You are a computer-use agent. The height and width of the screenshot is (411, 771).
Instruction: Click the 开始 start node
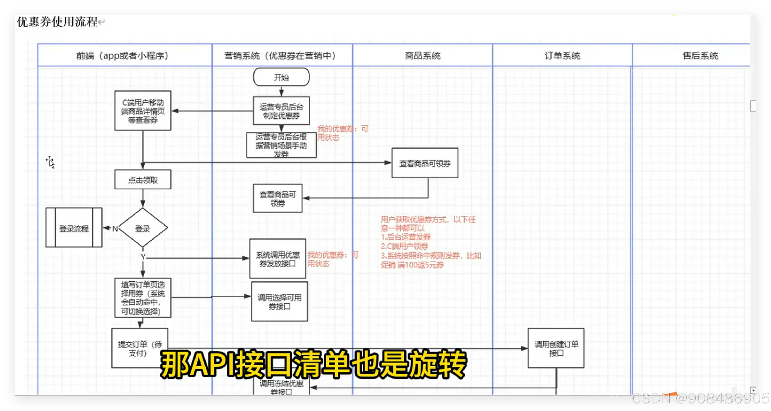click(281, 77)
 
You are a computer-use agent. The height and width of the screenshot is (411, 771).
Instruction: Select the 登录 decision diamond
click(143, 228)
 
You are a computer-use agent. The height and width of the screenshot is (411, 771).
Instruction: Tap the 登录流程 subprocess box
click(74, 228)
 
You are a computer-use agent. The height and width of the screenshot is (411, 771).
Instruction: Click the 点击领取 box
click(143, 180)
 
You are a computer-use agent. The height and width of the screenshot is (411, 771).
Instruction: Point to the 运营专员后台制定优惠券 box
click(281, 111)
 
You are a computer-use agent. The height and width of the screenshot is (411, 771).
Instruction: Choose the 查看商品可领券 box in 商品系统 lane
click(425, 163)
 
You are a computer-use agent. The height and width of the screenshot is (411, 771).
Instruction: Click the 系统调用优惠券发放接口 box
click(277, 259)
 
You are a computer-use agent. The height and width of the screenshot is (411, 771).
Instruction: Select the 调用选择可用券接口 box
click(279, 302)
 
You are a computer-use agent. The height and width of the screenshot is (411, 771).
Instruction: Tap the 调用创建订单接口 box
click(556, 348)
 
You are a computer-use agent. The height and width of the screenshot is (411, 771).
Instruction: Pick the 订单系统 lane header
click(562, 56)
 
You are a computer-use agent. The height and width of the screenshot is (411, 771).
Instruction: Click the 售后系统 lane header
click(700, 56)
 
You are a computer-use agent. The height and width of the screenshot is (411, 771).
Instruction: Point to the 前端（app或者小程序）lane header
click(122, 56)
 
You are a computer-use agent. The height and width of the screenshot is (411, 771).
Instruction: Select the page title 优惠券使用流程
click(57, 22)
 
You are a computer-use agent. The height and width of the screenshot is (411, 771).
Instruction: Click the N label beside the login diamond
click(115, 229)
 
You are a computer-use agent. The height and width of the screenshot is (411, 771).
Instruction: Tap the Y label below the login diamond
click(143, 257)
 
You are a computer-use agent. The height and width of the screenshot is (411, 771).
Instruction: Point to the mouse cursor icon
click(50, 162)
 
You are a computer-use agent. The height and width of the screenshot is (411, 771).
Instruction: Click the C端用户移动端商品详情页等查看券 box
click(143, 111)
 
